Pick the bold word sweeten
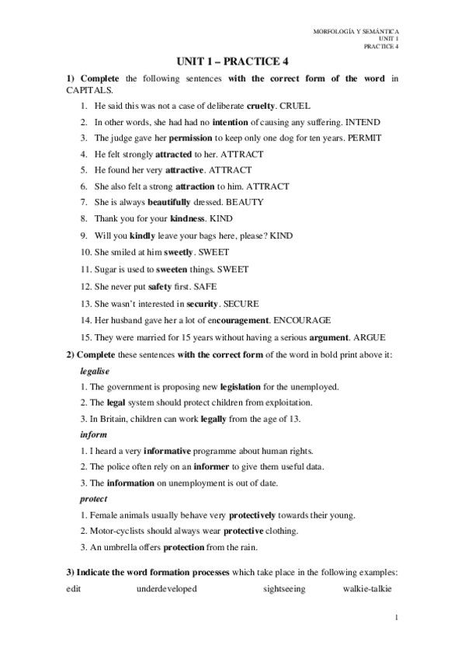coord(171,269)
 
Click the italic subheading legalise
coord(95,371)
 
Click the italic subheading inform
coord(91,435)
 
